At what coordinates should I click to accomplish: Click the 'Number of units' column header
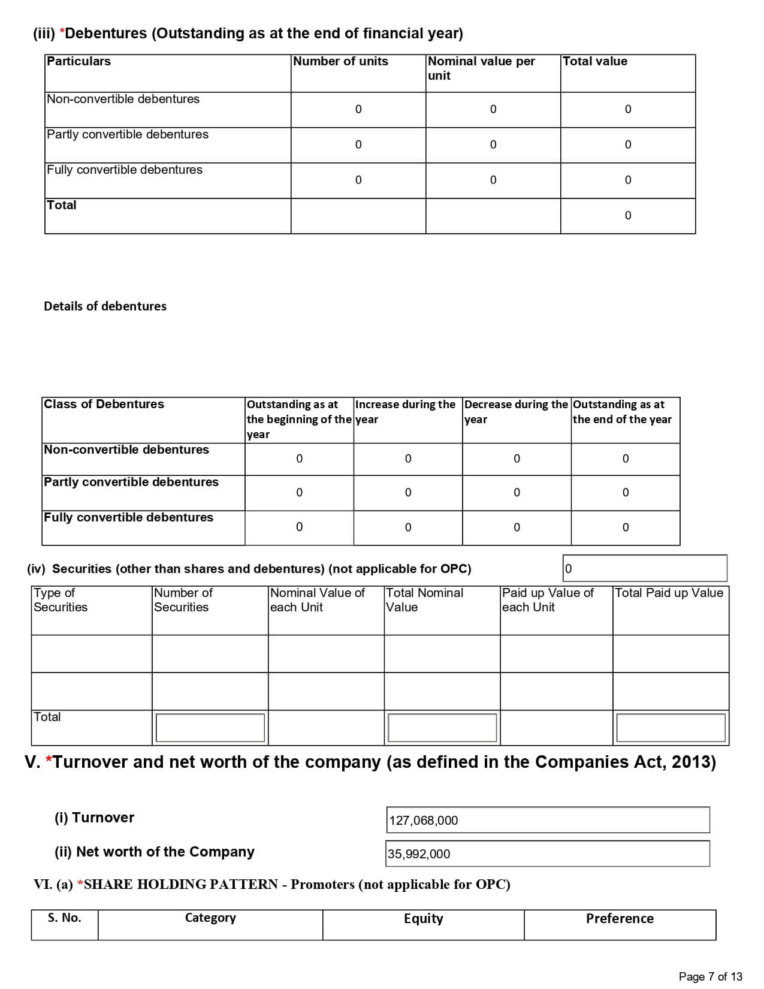(340, 61)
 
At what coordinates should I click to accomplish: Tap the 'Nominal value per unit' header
(481, 68)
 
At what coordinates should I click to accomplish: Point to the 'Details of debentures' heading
(105, 306)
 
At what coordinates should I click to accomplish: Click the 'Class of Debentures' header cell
(104, 404)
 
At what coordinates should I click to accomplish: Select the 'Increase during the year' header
(405, 412)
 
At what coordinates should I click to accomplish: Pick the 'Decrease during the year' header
(515, 412)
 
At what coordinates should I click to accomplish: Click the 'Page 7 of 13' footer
(710, 976)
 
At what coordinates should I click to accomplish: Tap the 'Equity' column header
(423, 918)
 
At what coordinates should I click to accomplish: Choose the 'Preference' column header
(620, 918)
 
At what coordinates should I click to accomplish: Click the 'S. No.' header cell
(65, 918)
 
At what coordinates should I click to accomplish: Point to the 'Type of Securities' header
(61, 600)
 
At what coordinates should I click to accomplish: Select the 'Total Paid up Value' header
(669, 593)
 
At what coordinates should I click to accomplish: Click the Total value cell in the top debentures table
(627, 215)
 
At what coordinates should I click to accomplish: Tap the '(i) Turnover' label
(95, 818)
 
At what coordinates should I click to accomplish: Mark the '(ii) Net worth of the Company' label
(155, 852)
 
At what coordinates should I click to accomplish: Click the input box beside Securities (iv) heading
(645, 568)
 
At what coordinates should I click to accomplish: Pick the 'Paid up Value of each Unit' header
(548, 600)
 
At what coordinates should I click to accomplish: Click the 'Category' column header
(210, 918)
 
